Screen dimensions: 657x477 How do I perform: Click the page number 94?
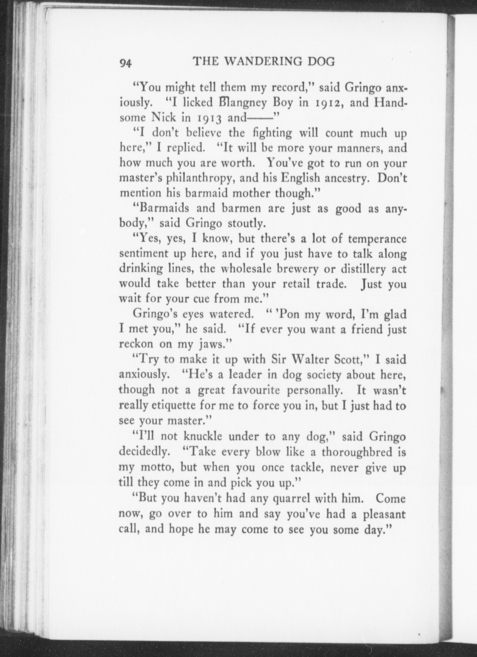tap(125, 63)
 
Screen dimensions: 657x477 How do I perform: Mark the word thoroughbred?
tap(356, 452)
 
